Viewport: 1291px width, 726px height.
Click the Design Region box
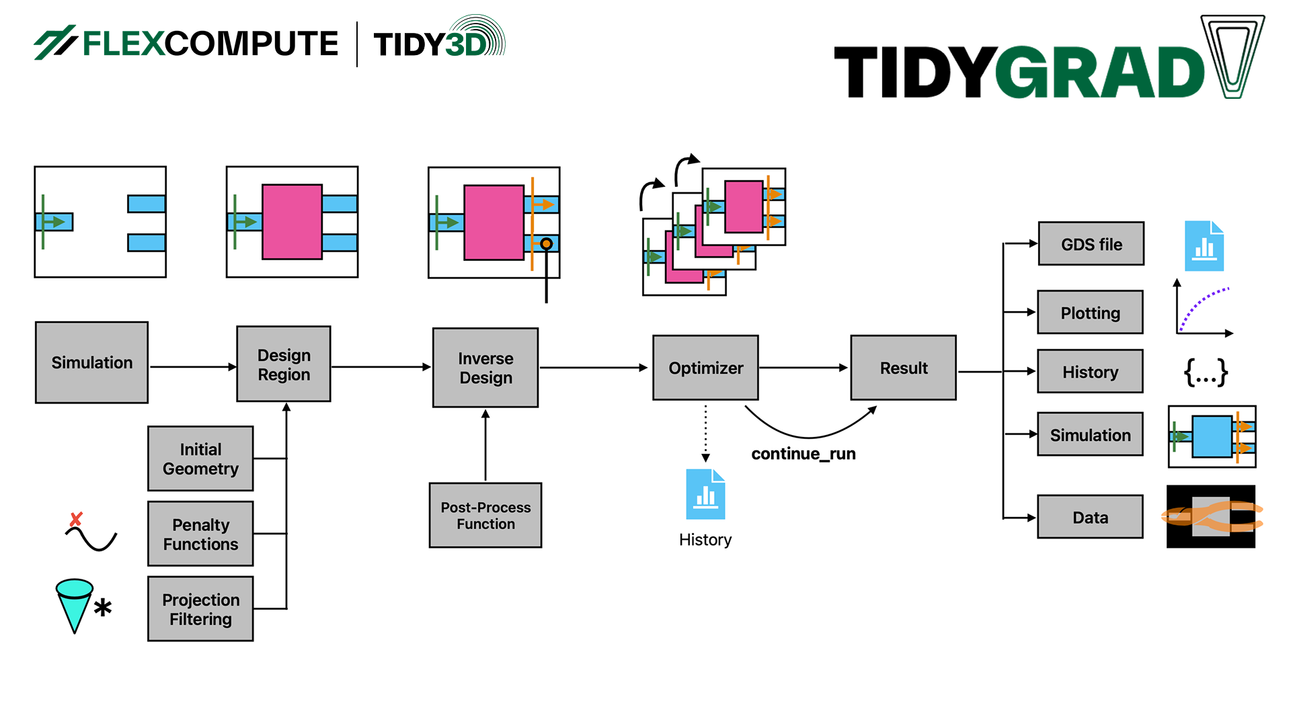point(283,364)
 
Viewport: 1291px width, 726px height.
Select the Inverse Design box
point(485,367)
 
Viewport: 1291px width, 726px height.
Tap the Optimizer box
point(705,368)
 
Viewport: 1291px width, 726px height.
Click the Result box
point(903,368)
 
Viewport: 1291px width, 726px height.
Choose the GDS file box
point(1091,244)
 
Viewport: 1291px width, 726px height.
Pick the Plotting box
point(1090,313)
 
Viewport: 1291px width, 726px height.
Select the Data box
point(1090,517)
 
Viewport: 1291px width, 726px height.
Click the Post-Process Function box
point(485,515)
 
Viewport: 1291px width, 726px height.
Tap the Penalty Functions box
point(200,534)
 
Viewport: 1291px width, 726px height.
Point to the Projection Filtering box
point(200,609)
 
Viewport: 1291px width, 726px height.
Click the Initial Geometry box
point(200,458)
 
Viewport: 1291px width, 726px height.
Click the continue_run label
point(803,454)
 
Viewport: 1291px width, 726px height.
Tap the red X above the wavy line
point(76,519)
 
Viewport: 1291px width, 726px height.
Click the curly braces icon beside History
point(1205,371)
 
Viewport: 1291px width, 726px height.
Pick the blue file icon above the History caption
point(705,495)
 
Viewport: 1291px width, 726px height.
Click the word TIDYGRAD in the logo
point(1019,73)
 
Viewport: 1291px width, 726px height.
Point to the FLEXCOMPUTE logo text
point(210,44)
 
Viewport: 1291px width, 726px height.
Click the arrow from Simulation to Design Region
point(192,366)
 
